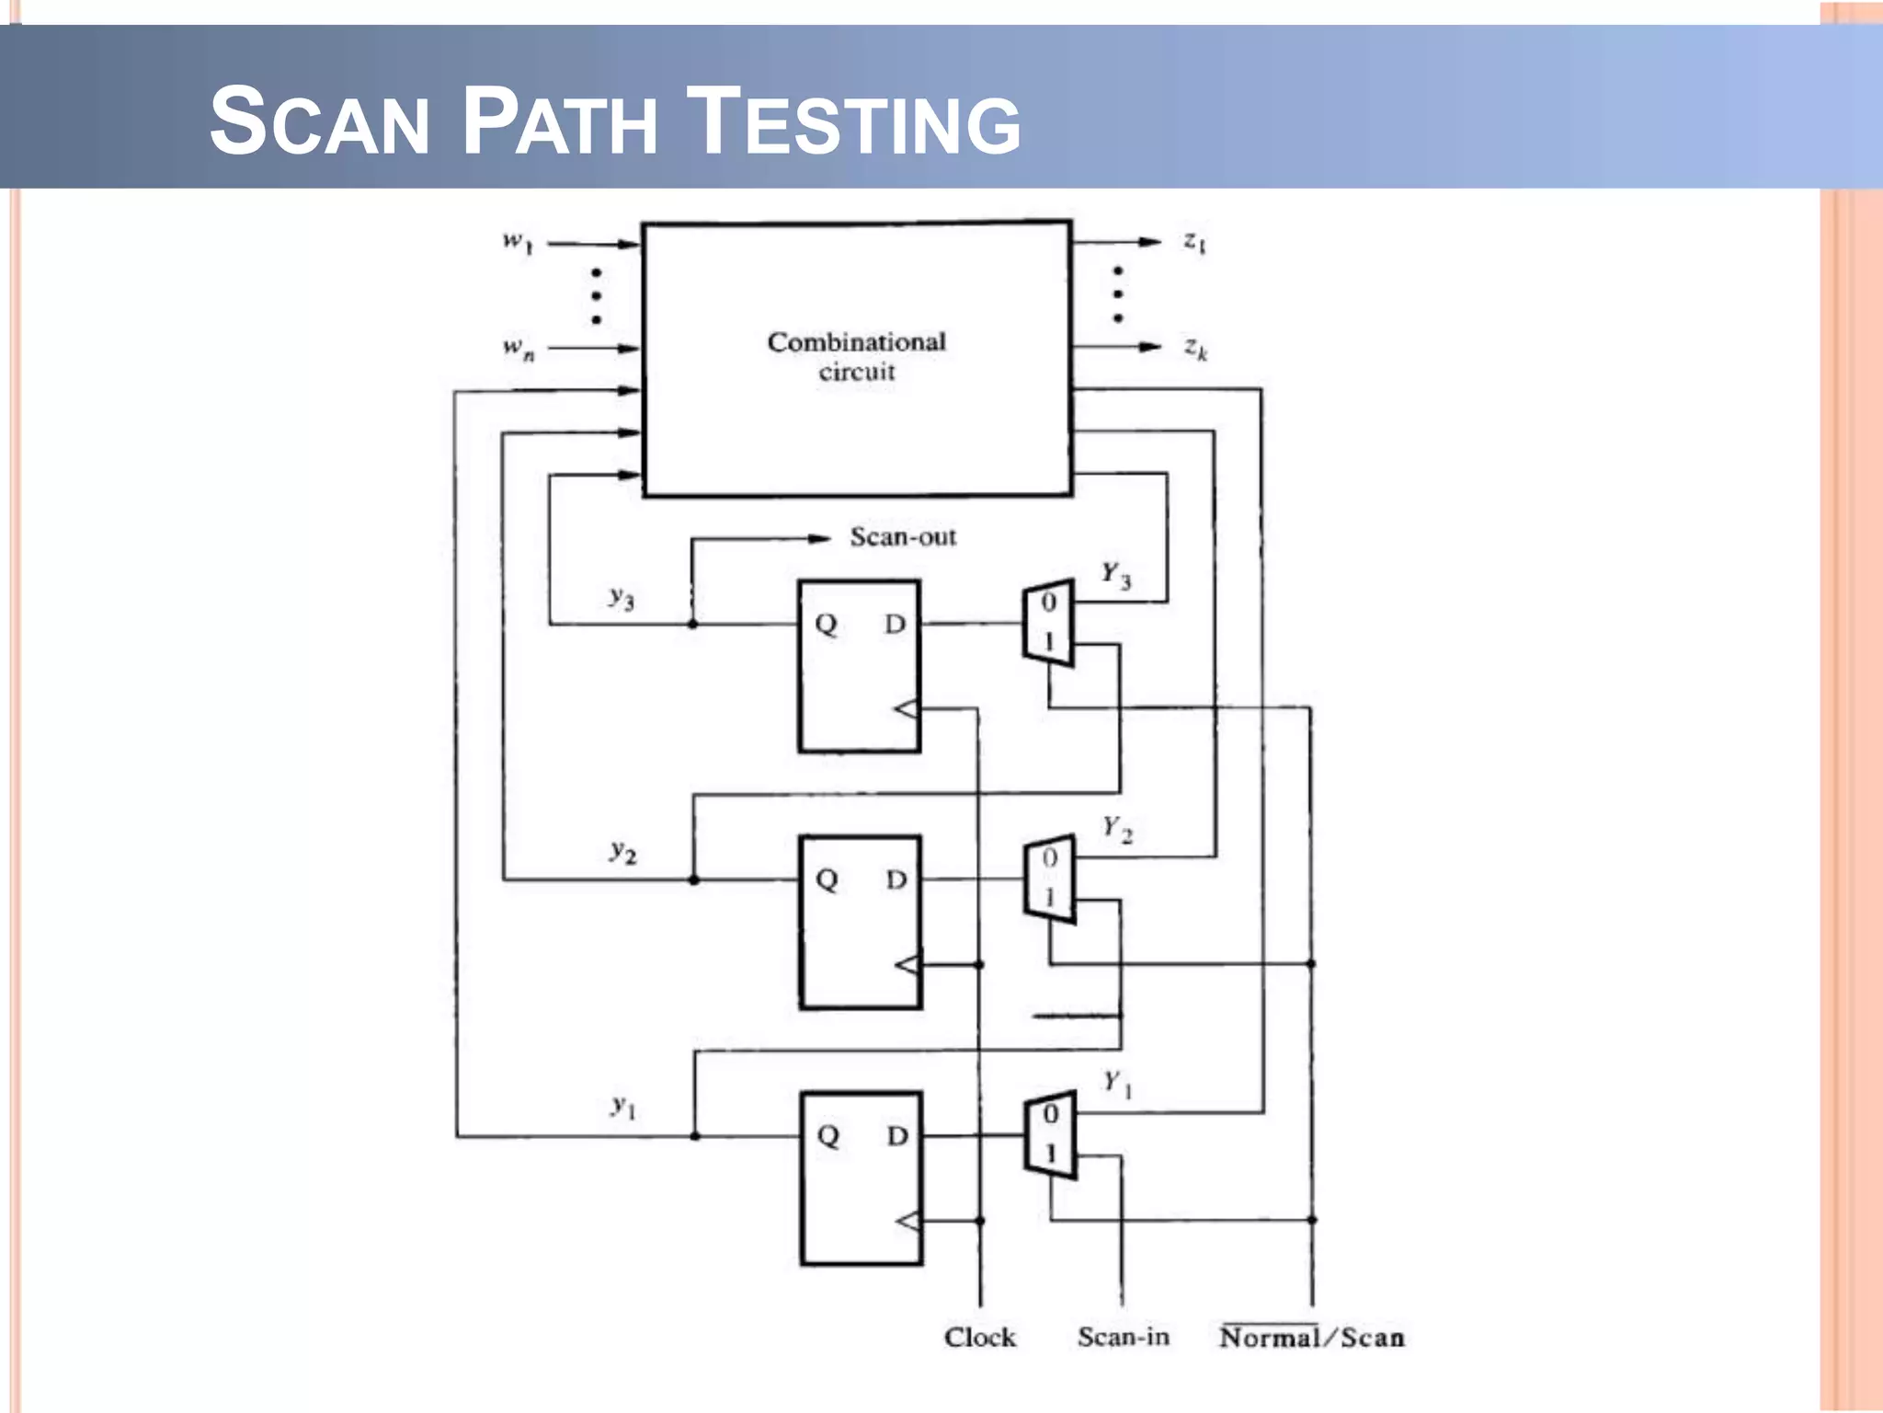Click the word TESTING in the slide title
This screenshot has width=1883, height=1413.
[854, 121]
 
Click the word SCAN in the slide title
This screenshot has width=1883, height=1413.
[319, 121]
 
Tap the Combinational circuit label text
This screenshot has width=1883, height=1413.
[856, 356]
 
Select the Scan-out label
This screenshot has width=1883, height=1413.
[902, 537]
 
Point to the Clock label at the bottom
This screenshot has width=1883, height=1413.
[979, 1338]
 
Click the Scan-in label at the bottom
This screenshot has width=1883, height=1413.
[1123, 1337]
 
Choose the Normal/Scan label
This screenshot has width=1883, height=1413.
[1311, 1338]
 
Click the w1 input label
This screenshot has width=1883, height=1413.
[517, 242]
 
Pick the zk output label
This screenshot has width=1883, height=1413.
[1195, 348]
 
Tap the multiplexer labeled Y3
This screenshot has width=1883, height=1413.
[1049, 623]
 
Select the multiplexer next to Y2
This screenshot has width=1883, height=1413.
[1050, 879]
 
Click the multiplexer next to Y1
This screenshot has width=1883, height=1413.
[1050, 1134]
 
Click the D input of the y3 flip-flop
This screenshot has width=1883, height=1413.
[895, 625]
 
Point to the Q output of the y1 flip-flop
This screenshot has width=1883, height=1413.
[827, 1135]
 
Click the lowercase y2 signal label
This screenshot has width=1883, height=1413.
[622, 852]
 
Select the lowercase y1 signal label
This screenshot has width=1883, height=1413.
[623, 1107]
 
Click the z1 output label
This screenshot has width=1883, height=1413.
[1194, 242]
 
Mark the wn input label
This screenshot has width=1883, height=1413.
[518, 348]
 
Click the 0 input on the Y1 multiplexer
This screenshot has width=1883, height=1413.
[1051, 1114]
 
